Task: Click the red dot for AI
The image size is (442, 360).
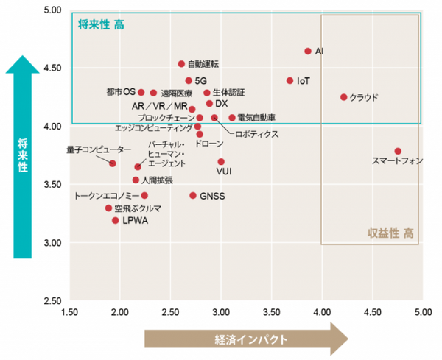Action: [308, 51]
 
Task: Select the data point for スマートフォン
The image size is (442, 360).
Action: [398, 151]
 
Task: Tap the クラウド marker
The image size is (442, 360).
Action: [343, 97]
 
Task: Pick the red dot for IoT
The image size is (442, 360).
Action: [290, 81]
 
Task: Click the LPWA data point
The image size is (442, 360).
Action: [116, 220]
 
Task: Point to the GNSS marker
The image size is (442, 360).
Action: [193, 196]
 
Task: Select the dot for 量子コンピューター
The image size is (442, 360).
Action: [113, 163]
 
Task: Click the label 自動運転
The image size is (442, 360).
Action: [203, 64]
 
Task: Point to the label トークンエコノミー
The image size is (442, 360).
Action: [106, 196]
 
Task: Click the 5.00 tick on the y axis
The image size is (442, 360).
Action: [53, 10]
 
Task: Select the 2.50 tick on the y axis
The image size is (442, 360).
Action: [53, 301]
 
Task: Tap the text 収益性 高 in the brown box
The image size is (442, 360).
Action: [390, 233]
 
